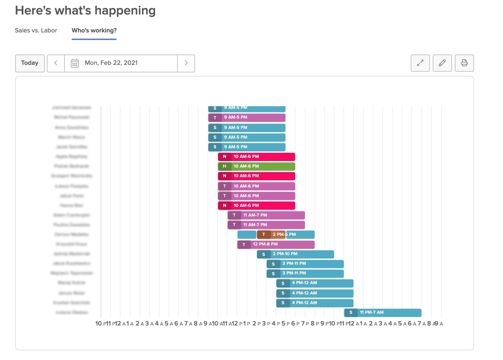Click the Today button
(x=30, y=63)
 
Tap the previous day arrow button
(x=56, y=63)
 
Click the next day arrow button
(x=186, y=63)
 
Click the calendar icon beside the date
(x=74, y=63)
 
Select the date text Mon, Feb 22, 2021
(x=111, y=63)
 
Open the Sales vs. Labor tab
(x=36, y=30)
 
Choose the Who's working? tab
(x=94, y=30)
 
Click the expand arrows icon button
(x=420, y=63)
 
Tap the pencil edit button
(x=442, y=63)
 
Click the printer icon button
(x=464, y=63)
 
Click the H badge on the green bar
(x=224, y=166)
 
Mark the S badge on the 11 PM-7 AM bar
(x=351, y=313)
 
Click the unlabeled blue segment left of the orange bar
(x=247, y=234)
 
